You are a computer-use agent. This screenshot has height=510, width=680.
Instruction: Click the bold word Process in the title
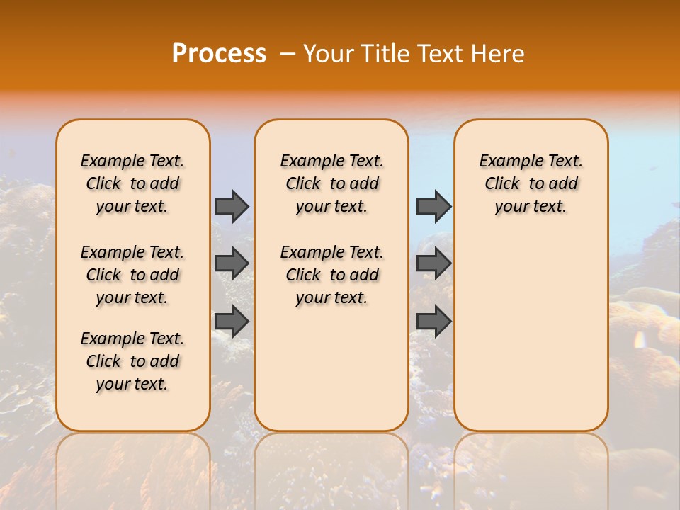pyautogui.click(x=219, y=54)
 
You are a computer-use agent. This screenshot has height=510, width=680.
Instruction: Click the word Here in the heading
pyautogui.click(x=499, y=54)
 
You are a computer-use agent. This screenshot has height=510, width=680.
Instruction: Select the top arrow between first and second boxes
pyautogui.click(x=232, y=206)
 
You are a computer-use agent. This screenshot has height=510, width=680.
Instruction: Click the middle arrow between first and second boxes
pyautogui.click(x=232, y=263)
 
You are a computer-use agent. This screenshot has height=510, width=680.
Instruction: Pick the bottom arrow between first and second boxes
pyautogui.click(x=232, y=321)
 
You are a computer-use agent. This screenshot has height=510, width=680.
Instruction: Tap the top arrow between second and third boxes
pyautogui.click(x=433, y=206)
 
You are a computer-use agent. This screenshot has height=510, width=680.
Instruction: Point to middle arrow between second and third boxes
pyautogui.click(x=433, y=263)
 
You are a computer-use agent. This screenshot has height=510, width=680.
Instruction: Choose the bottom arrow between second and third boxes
pyautogui.click(x=433, y=321)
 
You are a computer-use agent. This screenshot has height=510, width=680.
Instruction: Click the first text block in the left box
pyautogui.click(x=132, y=183)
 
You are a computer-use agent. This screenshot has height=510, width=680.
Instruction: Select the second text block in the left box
pyautogui.click(x=132, y=275)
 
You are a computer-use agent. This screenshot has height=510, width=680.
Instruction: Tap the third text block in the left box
pyautogui.click(x=132, y=361)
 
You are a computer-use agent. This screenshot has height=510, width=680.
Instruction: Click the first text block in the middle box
pyautogui.click(x=331, y=183)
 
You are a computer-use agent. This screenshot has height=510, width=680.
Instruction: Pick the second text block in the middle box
pyautogui.click(x=331, y=275)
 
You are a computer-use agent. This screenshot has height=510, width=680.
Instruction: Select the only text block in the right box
pyautogui.click(x=531, y=183)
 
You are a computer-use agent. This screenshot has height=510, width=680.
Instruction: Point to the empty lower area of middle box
pyautogui.click(x=331, y=368)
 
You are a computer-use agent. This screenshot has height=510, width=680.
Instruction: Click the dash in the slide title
pyautogui.click(x=288, y=54)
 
